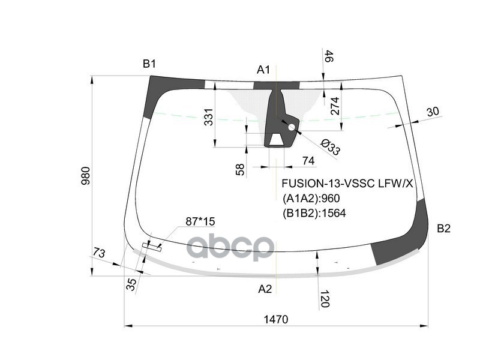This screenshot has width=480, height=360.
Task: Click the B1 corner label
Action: click(149, 64)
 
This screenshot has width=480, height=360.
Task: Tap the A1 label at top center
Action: click(263, 70)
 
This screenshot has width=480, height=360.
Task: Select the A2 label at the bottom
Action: click(265, 289)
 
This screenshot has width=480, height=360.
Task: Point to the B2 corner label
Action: click(443, 229)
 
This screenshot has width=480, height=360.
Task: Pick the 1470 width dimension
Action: click(275, 319)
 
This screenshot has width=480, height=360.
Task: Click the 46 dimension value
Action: click(329, 58)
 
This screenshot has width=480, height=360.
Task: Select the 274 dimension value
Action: click(335, 107)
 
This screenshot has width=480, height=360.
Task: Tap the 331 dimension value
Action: click(208, 118)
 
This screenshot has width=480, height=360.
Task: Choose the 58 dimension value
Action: click(241, 170)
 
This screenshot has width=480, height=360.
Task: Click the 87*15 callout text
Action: click(200, 222)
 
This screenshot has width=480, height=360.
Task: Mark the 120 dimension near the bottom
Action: click(325, 298)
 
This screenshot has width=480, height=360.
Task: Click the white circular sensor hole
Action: click(292, 127)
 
